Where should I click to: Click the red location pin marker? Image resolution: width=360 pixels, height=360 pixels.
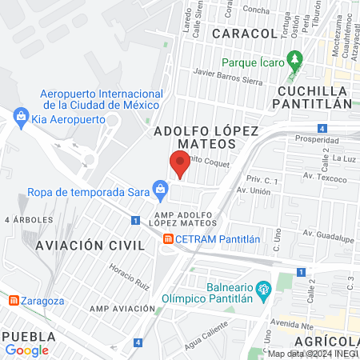[x=179, y=164]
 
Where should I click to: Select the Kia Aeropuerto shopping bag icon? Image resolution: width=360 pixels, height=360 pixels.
[x=21, y=118]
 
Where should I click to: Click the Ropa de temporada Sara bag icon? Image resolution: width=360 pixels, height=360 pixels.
[x=160, y=190]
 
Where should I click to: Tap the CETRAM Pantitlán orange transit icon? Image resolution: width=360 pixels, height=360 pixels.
[x=168, y=238]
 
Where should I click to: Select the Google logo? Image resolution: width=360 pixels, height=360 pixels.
[x=27, y=350]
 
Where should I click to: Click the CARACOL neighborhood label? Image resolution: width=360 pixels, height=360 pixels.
[x=244, y=34]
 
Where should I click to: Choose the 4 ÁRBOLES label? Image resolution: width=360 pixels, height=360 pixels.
[x=28, y=218]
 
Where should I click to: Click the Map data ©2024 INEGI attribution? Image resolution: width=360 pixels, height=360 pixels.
[x=312, y=354]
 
